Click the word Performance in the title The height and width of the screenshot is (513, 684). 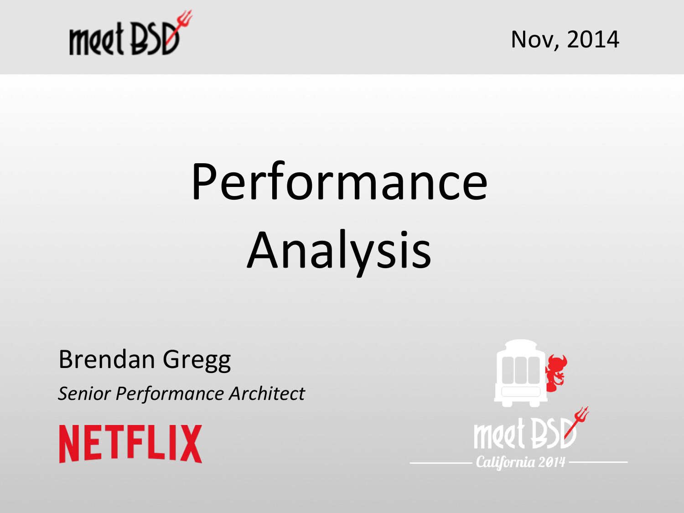tap(339, 181)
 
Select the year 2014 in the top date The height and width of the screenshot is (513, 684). tap(593, 39)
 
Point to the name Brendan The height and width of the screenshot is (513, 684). tap(107, 359)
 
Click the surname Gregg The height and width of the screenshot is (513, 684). tap(197, 361)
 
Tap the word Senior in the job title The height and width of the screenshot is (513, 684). tap(84, 394)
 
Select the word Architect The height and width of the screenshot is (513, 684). tap(267, 394)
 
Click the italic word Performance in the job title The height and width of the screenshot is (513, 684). tap(170, 394)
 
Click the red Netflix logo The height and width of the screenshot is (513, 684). tap(130, 444)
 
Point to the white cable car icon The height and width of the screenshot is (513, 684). tap(520, 373)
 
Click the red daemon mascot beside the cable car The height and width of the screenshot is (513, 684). tap(557, 373)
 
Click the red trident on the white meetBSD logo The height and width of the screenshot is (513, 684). tap(577, 422)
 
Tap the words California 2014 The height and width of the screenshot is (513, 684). tap(520, 462)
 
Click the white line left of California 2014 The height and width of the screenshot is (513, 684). tap(441, 463)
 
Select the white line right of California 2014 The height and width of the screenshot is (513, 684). tap(598, 462)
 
